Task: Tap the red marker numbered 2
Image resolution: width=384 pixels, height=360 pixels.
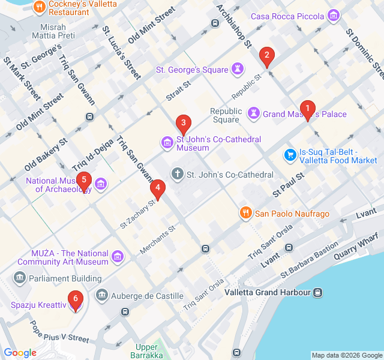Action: (266, 58)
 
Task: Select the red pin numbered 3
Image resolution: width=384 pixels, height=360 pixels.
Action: (183, 125)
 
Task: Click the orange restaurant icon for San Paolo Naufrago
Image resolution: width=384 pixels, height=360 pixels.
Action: (245, 213)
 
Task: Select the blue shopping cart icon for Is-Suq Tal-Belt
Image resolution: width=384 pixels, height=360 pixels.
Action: (290, 155)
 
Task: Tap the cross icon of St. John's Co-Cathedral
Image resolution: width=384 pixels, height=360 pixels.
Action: (178, 175)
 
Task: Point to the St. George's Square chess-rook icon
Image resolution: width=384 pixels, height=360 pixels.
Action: (239, 70)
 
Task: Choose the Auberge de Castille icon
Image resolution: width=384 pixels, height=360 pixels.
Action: (102, 296)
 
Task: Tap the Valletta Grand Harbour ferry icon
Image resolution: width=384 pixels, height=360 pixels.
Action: (318, 292)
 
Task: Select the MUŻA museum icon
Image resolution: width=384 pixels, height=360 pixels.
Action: (118, 256)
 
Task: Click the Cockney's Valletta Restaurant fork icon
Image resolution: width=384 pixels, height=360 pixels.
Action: (39, 7)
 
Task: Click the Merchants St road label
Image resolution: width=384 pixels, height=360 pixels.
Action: (157, 239)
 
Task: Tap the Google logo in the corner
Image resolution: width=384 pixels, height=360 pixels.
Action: (20, 353)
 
